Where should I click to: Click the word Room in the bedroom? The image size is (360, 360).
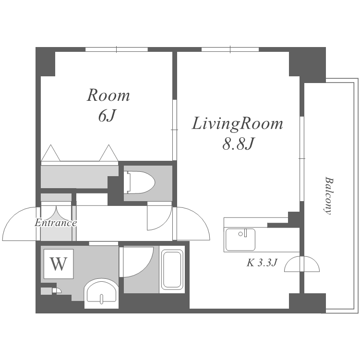coord(108,96)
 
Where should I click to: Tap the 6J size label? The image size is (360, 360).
coord(106,116)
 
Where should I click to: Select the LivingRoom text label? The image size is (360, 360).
coord(238,124)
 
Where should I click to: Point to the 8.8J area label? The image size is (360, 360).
coord(238,144)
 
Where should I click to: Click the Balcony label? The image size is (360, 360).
coord(328,196)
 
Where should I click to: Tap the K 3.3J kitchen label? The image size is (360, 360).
coord(262,263)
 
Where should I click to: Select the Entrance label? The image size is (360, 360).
coord(56,223)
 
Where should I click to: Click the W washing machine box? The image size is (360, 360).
coord(59,264)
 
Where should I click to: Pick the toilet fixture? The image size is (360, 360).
coord(139,182)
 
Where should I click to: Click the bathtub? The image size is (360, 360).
coord(172,270)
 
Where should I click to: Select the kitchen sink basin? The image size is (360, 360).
coord(240,240)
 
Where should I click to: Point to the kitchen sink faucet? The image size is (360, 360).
coord(245,233)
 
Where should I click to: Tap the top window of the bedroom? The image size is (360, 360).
coord(117,49)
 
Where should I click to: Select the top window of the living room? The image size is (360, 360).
coord(230,49)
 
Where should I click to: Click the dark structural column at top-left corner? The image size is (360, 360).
coord(45,61)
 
